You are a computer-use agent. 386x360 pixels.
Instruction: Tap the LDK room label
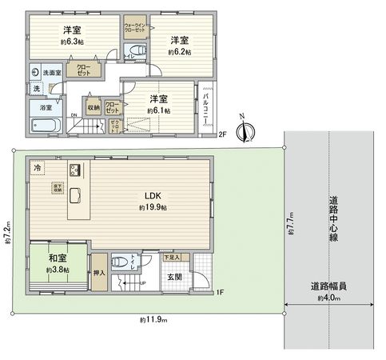coord(153,195)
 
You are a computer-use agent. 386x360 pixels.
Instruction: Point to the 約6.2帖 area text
coord(179,51)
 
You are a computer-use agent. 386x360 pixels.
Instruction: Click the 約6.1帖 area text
coord(157,110)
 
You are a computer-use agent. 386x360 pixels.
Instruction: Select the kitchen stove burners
coord(74,170)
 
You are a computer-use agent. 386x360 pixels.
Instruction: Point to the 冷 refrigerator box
coord(38,168)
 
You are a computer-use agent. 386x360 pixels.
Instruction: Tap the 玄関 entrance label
coord(174,277)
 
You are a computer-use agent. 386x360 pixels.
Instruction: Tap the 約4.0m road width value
coord(330,298)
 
